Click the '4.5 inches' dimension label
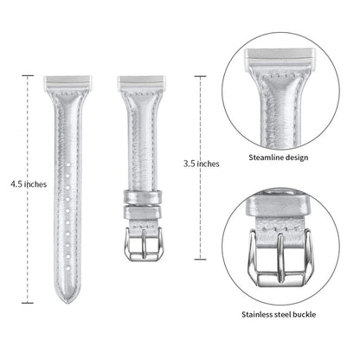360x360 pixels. (x=29, y=184)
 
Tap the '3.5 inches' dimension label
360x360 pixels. (x=202, y=164)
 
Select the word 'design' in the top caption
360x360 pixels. (x=297, y=157)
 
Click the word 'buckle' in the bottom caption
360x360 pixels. (x=304, y=314)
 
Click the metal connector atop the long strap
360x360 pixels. (x=67, y=82)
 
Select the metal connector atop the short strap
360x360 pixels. (x=142, y=82)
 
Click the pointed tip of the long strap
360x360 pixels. (x=67, y=303)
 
